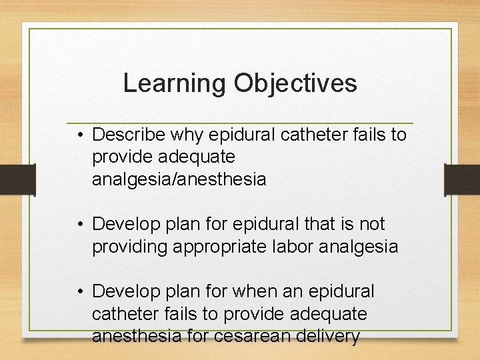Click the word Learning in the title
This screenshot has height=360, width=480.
coord(175,83)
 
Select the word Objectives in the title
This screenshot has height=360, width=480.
coord(295,83)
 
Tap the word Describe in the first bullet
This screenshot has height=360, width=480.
coord(129,135)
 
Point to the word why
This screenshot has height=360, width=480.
coord(187,135)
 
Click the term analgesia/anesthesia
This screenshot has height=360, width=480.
coord(179,179)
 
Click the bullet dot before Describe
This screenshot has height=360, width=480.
coord(79,135)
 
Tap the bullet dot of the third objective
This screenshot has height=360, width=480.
coord(79,292)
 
